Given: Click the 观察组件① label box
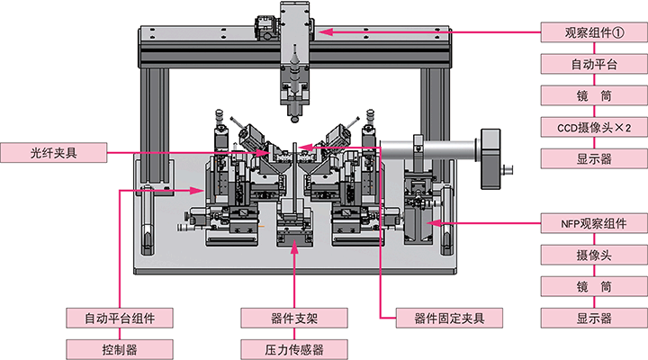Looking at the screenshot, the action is coord(594,32).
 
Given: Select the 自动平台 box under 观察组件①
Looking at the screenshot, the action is coord(594,64).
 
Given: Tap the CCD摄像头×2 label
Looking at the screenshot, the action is coord(594,127).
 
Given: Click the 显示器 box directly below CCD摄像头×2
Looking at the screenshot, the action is coord(594,158).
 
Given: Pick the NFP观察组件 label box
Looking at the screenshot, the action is coord(594,223).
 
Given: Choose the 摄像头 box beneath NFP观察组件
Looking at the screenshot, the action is coord(594,255).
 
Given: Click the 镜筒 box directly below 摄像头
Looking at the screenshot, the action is coord(594,286).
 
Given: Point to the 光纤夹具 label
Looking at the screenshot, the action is coord(54,152).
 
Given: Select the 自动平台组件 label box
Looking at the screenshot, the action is coord(120,318).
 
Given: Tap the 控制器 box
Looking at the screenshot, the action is coord(120,350).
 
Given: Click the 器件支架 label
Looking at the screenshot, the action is coord(294,318).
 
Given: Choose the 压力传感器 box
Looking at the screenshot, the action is coord(294,350).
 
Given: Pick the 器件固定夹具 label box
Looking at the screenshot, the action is coord(449,318).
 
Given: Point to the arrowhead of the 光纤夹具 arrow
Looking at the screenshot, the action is coord(263,153).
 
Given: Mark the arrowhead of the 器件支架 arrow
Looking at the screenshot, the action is coord(294,247).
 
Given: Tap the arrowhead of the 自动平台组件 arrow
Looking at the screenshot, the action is coord(197,190).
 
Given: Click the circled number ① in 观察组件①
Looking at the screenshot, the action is coord(617,32).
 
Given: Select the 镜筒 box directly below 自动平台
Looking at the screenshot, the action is coord(594,96).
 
